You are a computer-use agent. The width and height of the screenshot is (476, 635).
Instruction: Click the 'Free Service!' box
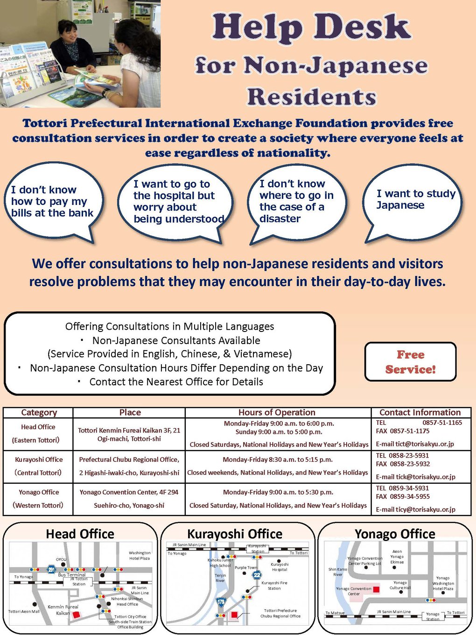pyautogui.click(x=410, y=362)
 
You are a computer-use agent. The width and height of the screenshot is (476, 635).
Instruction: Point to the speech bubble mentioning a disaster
pyautogui.click(x=296, y=202)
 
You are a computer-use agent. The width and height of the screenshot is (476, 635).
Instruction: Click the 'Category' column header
pyautogui.click(x=39, y=412)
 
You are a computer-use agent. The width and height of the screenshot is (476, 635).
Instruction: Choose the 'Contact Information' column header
pyautogui.click(x=420, y=412)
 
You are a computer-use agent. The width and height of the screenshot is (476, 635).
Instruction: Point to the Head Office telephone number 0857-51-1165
pyautogui.click(x=442, y=423)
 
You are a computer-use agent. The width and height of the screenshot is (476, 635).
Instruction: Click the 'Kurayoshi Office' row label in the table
pyautogui.click(x=39, y=459)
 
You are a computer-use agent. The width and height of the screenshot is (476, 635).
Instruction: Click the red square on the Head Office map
pyautogui.click(x=77, y=615)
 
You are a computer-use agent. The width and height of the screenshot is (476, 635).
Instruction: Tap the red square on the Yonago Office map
pyautogui.click(x=376, y=589)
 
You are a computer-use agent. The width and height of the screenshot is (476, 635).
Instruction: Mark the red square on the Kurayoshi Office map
pyautogui.click(x=234, y=614)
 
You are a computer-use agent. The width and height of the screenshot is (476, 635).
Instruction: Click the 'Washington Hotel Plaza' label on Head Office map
pyautogui.click(x=140, y=555)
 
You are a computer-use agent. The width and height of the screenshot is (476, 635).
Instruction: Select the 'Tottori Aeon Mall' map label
pyautogui.click(x=24, y=611)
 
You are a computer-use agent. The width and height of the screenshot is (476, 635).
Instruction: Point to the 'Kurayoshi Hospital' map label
pyautogui.click(x=280, y=567)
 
